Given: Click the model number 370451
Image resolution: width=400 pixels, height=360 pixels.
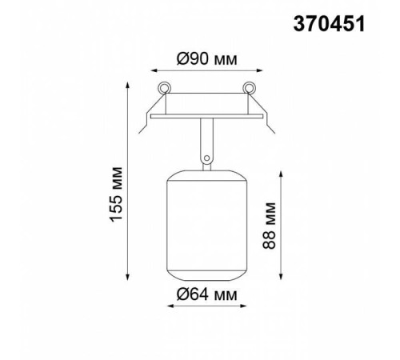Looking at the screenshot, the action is (x=329, y=24).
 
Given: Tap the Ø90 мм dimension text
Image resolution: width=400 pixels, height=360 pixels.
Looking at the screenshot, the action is (x=206, y=59).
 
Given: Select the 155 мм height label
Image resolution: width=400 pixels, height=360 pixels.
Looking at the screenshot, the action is (x=117, y=194).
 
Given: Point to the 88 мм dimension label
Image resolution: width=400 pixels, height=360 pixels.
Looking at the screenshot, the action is (x=269, y=226).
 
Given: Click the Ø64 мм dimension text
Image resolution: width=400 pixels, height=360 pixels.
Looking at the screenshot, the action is (x=206, y=295).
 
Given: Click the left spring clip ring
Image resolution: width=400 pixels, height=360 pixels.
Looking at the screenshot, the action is (x=163, y=87).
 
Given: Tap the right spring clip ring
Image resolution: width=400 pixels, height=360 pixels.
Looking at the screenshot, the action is (x=249, y=87).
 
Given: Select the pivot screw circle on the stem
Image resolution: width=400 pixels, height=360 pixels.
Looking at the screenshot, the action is (x=206, y=158).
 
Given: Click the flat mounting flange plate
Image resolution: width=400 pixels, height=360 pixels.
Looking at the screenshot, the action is (x=206, y=116).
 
